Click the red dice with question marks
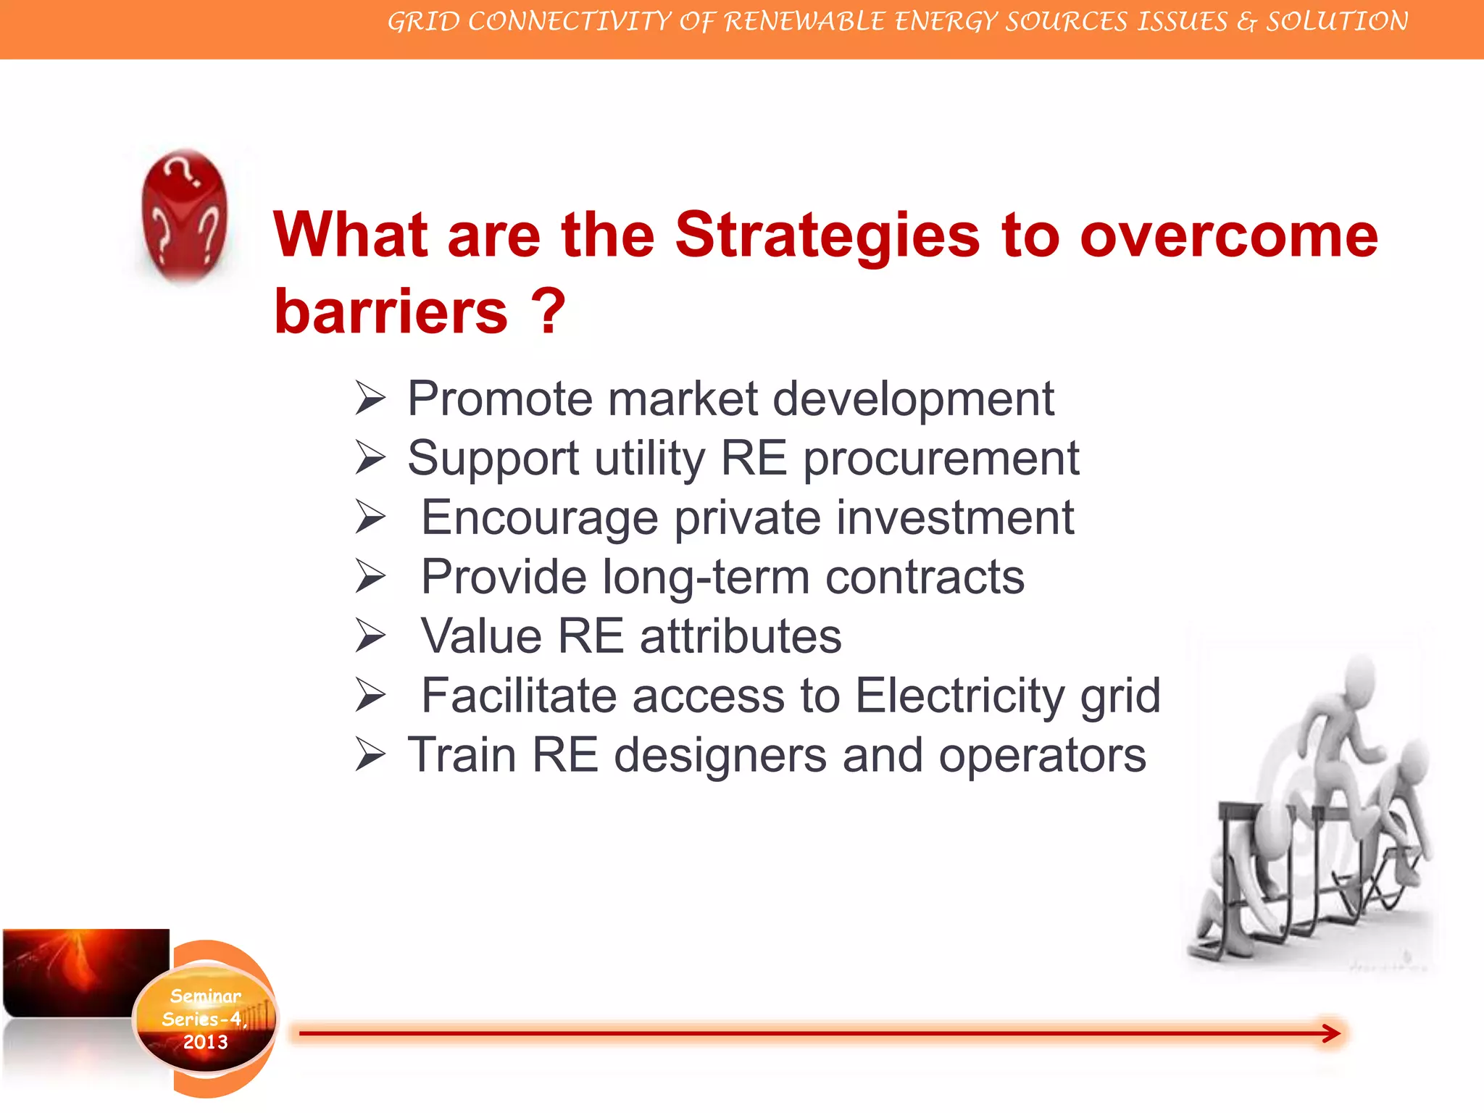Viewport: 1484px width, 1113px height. [x=184, y=215]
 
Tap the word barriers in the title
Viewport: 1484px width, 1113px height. [x=391, y=311]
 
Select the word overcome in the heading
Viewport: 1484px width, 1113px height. [x=1229, y=236]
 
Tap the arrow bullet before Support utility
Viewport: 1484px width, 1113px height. [x=370, y=459]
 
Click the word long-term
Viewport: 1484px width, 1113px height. [x=706, y=578]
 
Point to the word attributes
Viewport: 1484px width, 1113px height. [x=740, y=636]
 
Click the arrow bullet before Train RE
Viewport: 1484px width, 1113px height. [x=370, y=755]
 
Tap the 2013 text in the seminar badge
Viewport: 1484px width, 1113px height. [x=205, y=1042]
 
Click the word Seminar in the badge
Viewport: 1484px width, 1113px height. [x=206, y=996]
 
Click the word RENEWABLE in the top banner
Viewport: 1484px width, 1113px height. [x=804, y=22]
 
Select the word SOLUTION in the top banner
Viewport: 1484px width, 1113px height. [x=1337, y=22]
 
